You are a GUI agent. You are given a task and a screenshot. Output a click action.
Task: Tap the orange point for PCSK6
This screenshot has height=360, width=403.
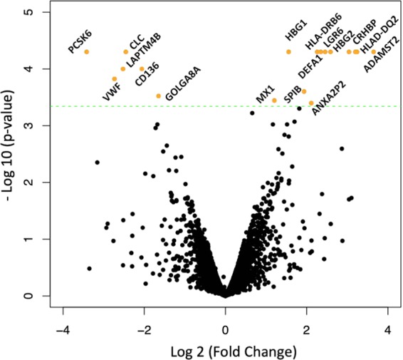pyautogui.click(x=87, y=52)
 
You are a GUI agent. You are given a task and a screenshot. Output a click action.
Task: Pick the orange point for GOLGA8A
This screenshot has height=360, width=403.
pyautogui.click(x=158, y=96)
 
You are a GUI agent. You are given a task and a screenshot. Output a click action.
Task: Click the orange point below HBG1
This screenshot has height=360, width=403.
pyautogui.click(x=288, y=52)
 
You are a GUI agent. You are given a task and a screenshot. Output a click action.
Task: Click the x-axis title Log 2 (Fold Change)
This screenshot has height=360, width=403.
pyautogui.click(x=225, y=351)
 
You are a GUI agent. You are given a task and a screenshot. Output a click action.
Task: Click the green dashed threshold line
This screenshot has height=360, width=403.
pyautogui.click(x=214, y=106)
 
